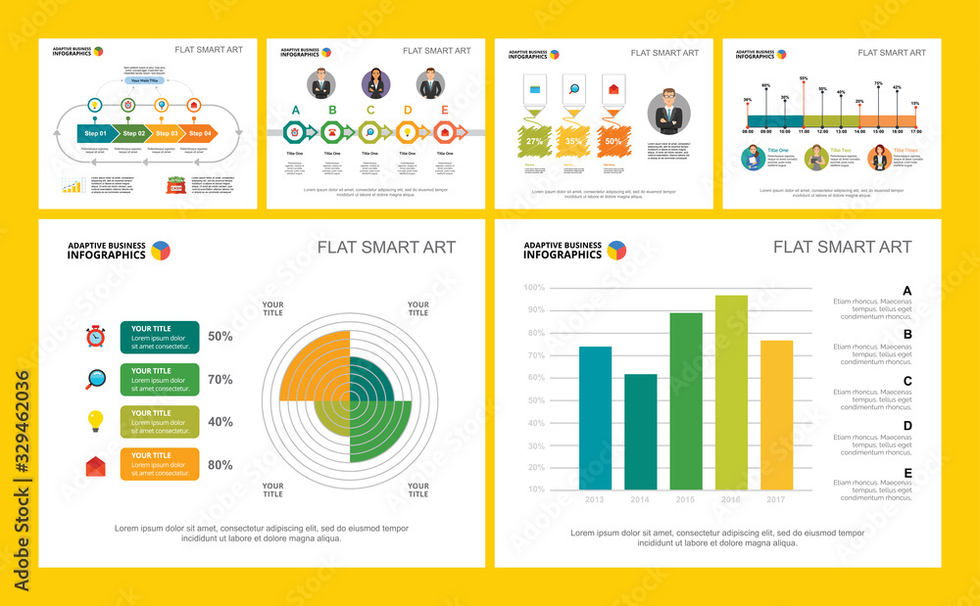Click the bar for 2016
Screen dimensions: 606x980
(731, 392)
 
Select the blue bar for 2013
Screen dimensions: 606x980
(595, 418)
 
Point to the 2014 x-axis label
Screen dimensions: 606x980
(640, 499)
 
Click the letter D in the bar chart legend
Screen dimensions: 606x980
(907, 426)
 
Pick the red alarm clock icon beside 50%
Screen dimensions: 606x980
(95, 337)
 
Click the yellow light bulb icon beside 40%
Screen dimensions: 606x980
(95, 421)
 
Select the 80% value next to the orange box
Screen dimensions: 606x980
(220, 465)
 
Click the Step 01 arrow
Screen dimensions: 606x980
(95, 132)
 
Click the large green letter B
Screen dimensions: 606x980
(332, 111)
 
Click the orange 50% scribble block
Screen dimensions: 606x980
(612, 141)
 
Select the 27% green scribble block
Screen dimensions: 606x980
(535, 141)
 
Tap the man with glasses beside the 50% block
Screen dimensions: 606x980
(669, 111)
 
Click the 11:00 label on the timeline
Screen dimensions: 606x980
(804, 131)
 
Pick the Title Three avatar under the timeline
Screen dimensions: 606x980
(878, 157)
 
